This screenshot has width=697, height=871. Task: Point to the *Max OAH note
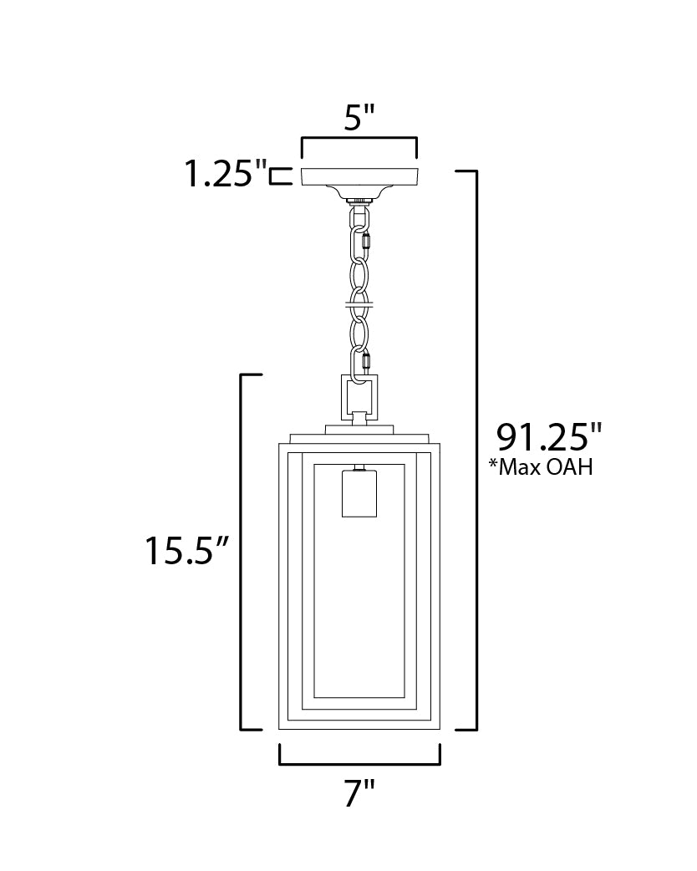541,466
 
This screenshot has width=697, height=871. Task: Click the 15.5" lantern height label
187,551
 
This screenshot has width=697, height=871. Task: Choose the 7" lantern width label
359,792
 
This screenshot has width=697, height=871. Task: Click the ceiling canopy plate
359,176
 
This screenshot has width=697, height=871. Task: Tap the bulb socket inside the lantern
359,493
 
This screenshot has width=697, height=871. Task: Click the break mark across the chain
359,304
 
